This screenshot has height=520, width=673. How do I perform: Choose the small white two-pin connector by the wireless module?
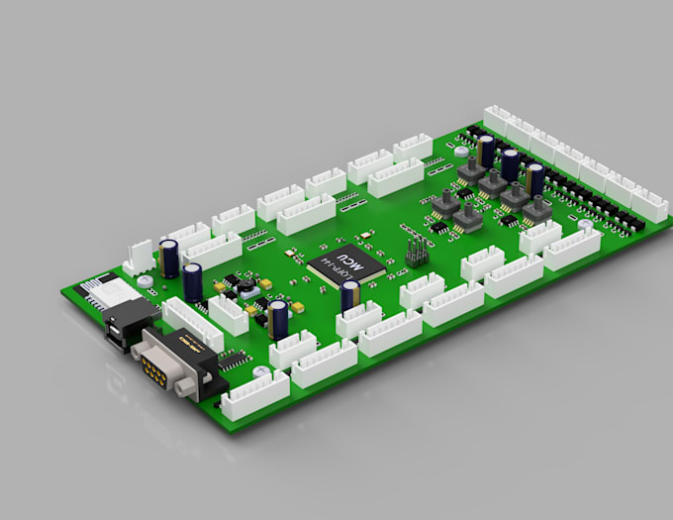(139, 260)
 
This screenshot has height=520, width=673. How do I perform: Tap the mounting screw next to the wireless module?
(145, 281)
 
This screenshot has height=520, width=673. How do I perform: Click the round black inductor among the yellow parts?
(240, 288)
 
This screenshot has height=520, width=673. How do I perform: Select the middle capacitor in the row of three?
(510, 162)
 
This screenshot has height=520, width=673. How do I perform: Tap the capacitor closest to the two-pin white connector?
(172, 257)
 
